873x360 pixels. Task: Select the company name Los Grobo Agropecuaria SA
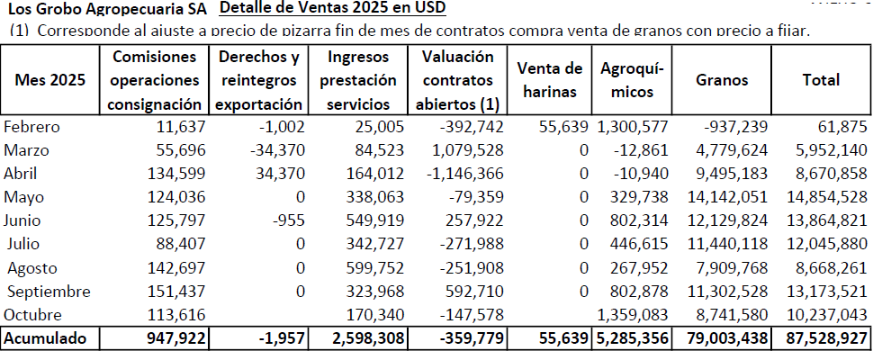[x=107, y=10]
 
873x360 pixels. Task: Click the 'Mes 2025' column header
[x=50, y=80]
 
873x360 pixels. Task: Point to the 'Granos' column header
[x=722, y=80]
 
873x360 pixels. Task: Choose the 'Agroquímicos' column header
[x=632, y=80]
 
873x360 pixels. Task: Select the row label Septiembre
[x=49, y=291]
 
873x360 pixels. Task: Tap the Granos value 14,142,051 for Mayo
[x=722, y=196]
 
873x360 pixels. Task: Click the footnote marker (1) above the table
[x=18, y=31]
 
